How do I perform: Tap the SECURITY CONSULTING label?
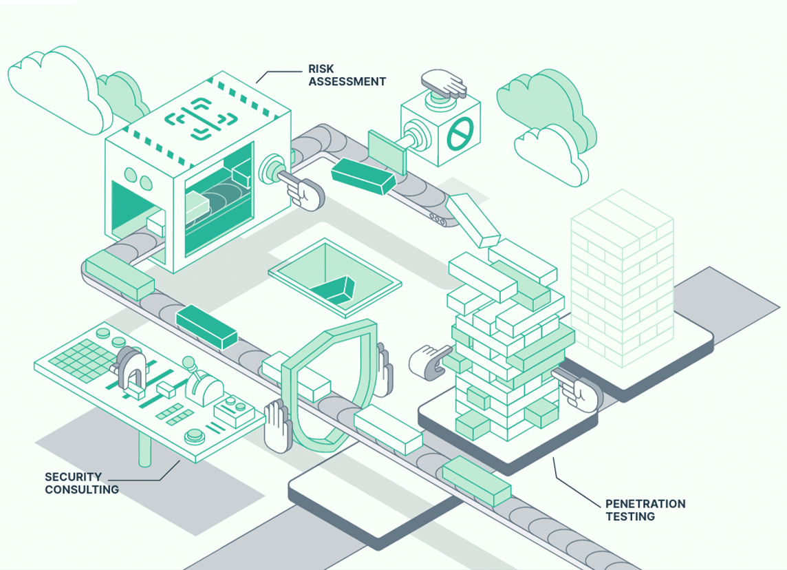(81, 483)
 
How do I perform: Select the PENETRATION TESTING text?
(645, 509)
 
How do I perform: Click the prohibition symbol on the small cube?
(460, 134)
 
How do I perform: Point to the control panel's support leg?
(144, 448)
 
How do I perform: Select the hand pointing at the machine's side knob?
(303, 191)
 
